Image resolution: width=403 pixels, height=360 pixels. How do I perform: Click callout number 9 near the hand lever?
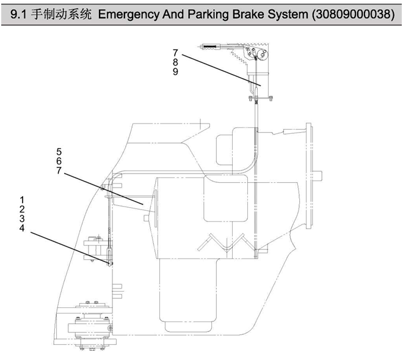coord(175,72)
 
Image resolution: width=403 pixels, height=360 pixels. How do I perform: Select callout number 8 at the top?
coord(175,62)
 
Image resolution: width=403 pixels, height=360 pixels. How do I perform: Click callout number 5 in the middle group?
coord(59,151)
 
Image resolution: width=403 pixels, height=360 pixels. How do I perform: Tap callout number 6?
coord(59,160)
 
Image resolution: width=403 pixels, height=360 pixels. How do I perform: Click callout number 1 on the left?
coord(22,200)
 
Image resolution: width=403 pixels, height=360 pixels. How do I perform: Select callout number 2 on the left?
coord(22,209)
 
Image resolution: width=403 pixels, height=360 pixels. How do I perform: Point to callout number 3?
coord(22,218)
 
